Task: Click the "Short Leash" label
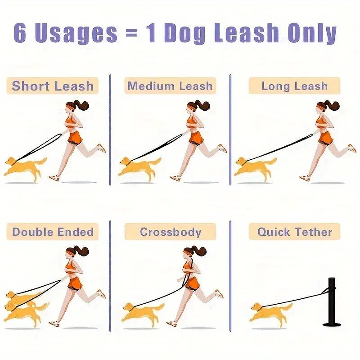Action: point(53,86)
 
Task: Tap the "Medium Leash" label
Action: point(170,86)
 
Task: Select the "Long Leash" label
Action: point(294,86)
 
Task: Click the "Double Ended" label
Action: point(53,232)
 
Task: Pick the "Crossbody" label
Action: point(170,232)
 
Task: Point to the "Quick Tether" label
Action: point(294,232)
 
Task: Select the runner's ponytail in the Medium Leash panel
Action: point(205,106)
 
